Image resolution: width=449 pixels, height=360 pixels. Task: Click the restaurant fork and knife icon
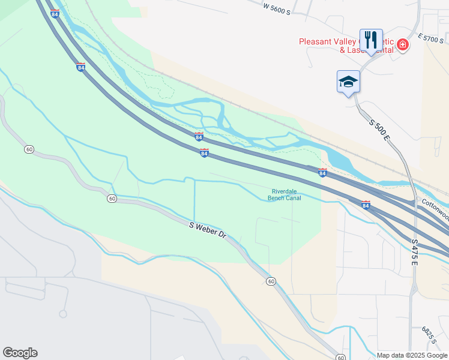tap(370, 40)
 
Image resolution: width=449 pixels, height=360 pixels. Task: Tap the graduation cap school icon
tap(348, 82)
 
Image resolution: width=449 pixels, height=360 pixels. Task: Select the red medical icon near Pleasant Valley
tap(402, 44)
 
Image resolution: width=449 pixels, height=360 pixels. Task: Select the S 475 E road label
tap(415, 252)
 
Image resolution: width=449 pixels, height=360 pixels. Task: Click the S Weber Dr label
tap(206, 229)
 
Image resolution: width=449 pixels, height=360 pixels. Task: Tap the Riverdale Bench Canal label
tap(285, 194)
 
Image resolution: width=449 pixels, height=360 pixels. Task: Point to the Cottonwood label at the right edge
tap(435, 209)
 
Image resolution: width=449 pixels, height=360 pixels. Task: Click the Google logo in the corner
tap(20, 353)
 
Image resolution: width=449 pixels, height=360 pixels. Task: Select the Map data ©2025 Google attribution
tap(411, 355)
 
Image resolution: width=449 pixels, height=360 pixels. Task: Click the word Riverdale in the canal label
tap(285, 191)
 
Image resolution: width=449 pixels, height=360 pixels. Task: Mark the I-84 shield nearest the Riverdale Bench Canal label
tap(322, 173)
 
